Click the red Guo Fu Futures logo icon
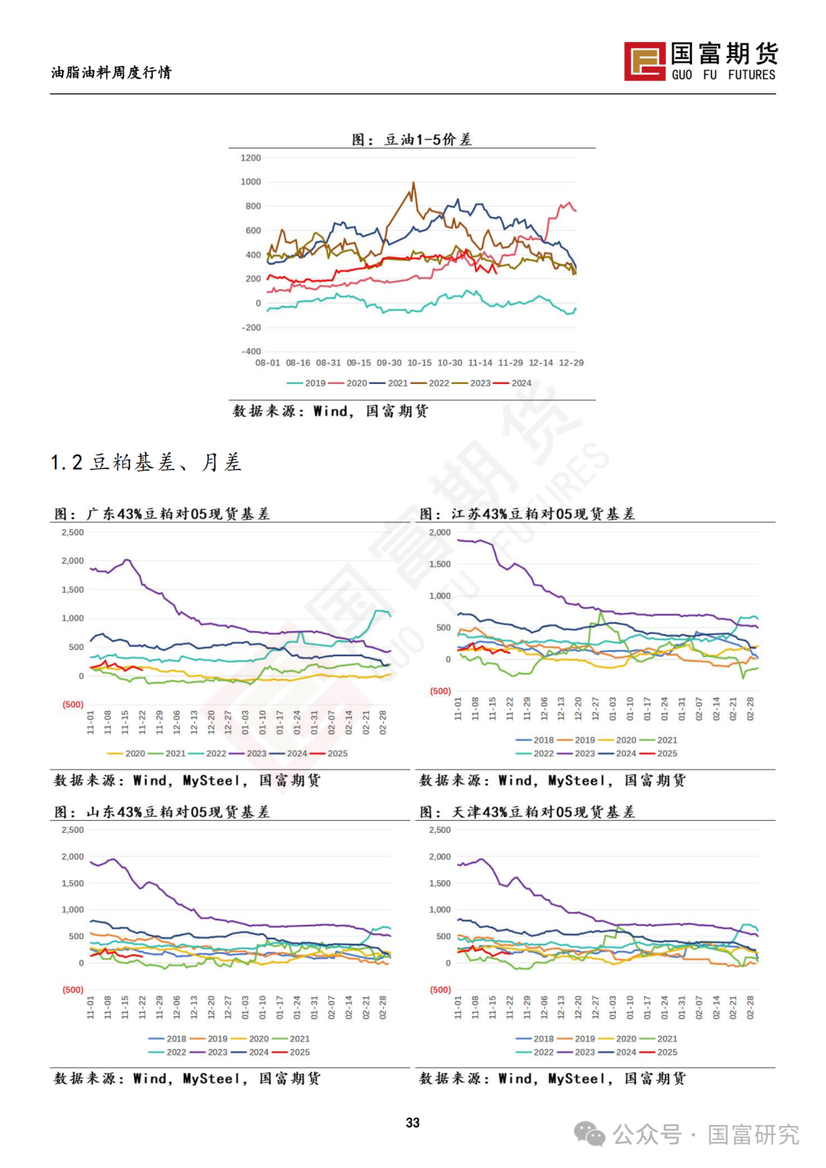[645, 61]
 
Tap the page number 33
[413, 1122]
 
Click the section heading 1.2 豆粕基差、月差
[146, 462]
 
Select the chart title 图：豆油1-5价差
[411, 139]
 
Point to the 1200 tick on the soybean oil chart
[251, 158]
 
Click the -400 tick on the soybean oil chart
[251, 351]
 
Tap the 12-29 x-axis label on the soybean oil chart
[571, 363]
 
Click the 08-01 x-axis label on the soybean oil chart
[268, 363]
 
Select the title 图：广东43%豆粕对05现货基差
[162, 514]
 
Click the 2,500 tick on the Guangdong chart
[73, 532]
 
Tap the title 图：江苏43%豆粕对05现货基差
[528, 514]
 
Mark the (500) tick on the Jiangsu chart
[441, 691]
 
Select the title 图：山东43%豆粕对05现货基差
[162, 812]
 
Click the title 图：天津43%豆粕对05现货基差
[528, 812]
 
